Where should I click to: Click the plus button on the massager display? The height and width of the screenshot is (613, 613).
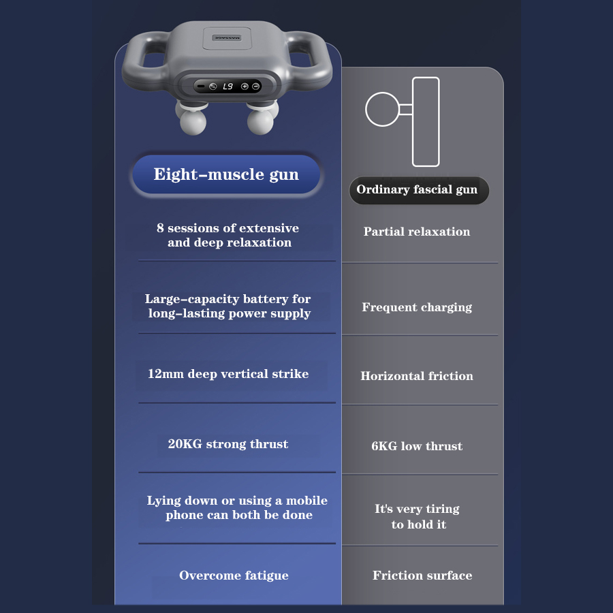pyautogui.click(x=245, y=87)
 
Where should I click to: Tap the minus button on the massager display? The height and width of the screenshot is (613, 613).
pyautogui.click(x=255, y=87)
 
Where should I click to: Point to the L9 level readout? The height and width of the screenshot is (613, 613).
pyautogui.click(x=227, y=87)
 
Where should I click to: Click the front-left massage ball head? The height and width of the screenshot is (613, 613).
pyautogui.click(x=193, y=122)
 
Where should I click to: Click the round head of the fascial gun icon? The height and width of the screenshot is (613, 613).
pyautogui.click(x=383, y=109)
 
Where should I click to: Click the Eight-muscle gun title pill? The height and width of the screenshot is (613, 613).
pyautogui.click(x=226, y=174)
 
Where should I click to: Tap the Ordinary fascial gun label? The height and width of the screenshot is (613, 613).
pyautogui.click(x=417, y=190)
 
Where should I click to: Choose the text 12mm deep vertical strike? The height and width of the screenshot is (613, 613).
pyautogui.click(x=228, y=374)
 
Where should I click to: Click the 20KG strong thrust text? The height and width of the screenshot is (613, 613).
pyautogui.click(x=228, y=444)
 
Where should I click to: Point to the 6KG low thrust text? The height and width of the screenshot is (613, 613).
pyautogui.click(x=417, y=446)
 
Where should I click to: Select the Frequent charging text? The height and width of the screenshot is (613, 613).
pyautogui.click(x=417, y=307)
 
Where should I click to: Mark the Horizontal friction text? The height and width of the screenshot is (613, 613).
pyautogui.click(x=417, y=376)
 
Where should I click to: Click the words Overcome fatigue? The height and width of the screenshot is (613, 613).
pyautogui.click(x=234, y=576)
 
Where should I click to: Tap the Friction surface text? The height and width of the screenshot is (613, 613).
pyautogui.click(x=422, y=576)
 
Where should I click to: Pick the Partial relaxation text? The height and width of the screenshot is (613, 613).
pyautogui.click(x=417, y=232)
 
